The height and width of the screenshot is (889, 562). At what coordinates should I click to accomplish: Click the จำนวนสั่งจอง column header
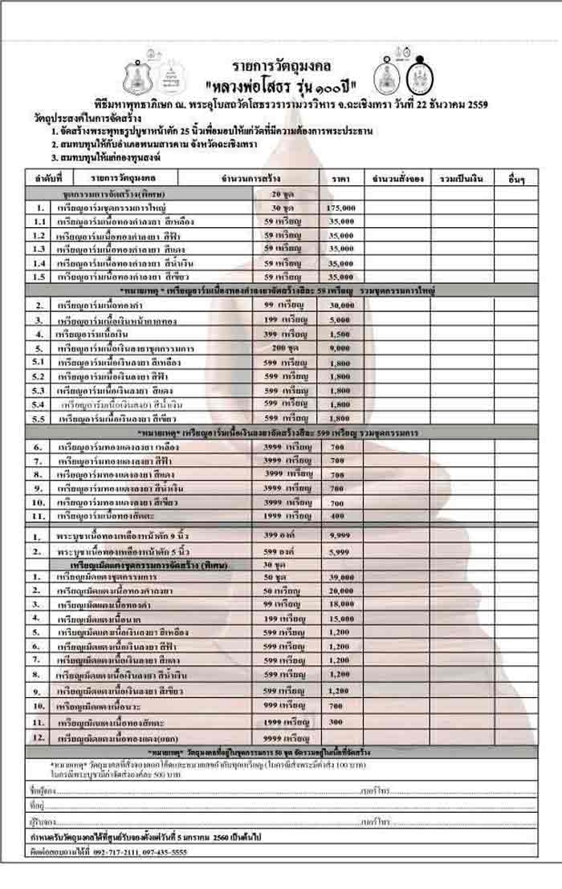(396, 177)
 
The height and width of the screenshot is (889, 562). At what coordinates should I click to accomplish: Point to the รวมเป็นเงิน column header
(458, 177)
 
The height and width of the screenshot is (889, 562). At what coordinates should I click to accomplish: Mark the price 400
(337, 515)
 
